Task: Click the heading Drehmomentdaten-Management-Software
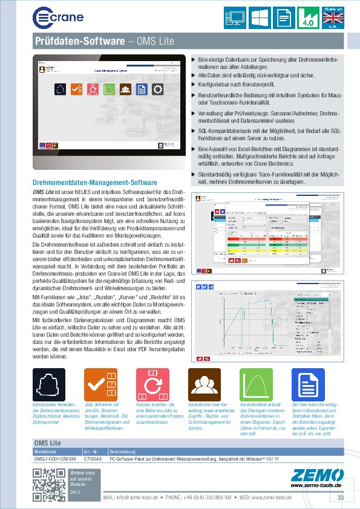(x=95, y=183)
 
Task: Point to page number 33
(x=341, y=497)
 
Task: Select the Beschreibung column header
(x=123, y=452)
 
